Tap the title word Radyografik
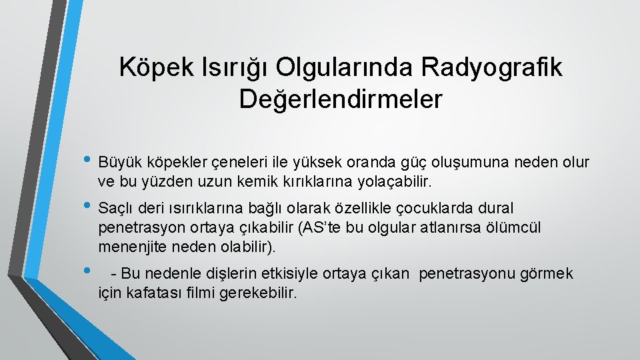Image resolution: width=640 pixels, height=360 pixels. (492, 67)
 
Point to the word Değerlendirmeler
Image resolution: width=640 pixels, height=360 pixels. (341, 99)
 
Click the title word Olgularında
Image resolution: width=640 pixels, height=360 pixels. (346, 67)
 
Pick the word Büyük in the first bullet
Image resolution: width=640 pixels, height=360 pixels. (117, 163)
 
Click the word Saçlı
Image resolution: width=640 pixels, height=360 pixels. (115, 209)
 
